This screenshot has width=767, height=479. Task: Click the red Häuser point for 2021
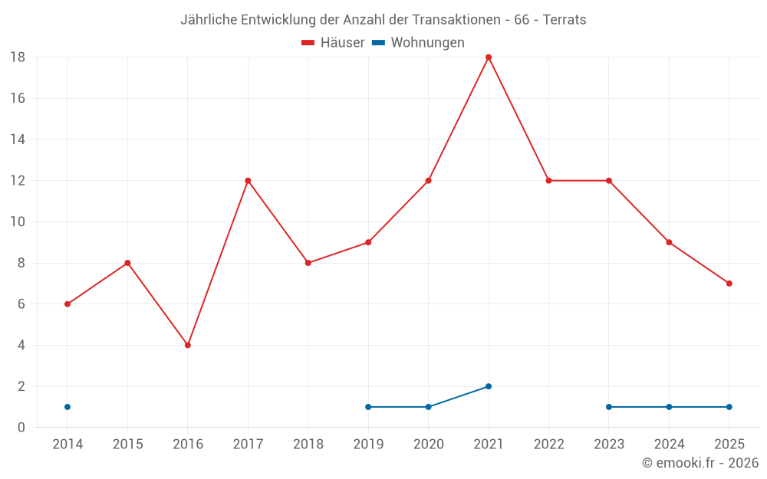click(489, 57)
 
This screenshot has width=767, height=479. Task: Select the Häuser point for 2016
click(188, 345)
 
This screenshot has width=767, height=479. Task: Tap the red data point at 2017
click(248, 181)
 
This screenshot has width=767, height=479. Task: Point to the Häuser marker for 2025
click(729, 284)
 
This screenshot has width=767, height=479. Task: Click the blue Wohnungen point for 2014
click(67, 407)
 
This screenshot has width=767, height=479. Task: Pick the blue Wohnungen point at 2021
click(489, 386)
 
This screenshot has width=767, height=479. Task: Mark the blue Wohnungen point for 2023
click(609, 407)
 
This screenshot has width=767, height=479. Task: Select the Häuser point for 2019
click(368, 242)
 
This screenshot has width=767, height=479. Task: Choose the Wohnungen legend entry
click(427, 43)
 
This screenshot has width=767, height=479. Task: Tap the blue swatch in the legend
click(378, 43)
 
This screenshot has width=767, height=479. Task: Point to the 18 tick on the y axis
click(18, 57)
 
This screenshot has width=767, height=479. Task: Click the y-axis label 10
click(18, 222)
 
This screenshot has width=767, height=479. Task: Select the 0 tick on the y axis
click(21, 428)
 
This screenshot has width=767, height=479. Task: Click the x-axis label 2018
click(308, 445)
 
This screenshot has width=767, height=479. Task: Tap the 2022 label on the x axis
click(549, 445)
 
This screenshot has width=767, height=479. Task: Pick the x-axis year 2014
click(67, 445)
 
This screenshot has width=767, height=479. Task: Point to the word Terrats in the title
click(565, 20)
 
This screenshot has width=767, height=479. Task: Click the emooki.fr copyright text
click(700, 463)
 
